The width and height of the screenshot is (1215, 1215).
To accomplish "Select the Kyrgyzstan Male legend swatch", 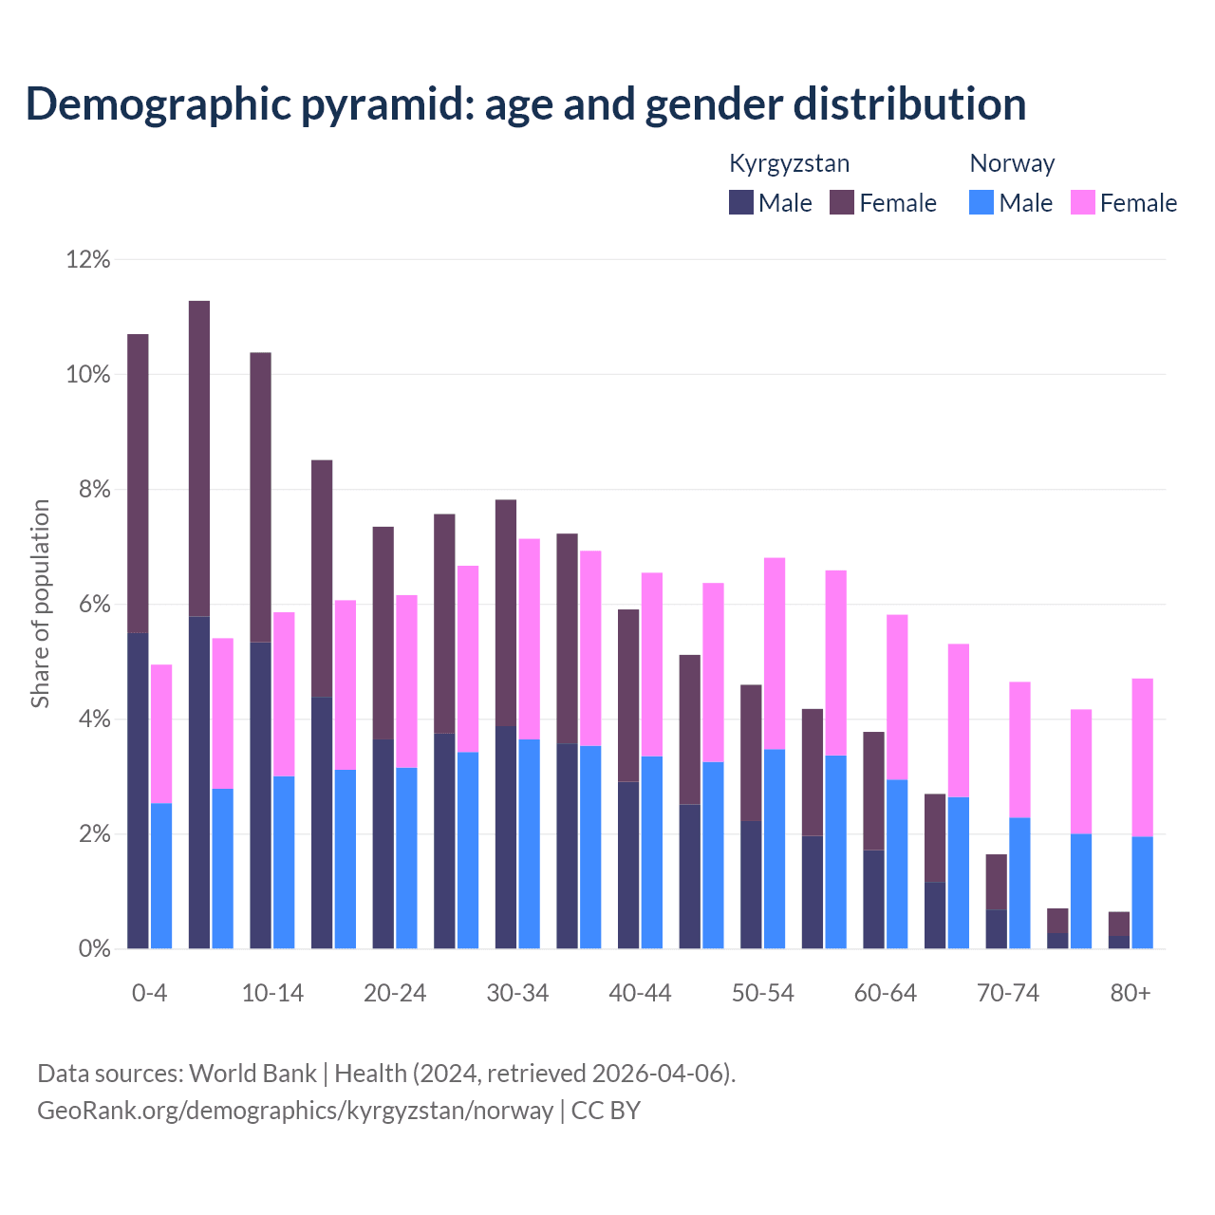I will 741,202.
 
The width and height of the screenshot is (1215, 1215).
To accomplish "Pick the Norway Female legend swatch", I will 1082,202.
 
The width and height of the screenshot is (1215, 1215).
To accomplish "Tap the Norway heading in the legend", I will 1012,163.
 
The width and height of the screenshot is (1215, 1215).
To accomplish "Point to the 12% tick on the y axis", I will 88,259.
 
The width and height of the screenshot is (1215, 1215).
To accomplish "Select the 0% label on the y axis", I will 93,949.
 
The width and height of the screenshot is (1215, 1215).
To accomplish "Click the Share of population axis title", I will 40,604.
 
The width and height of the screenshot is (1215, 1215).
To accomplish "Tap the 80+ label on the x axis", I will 1131,993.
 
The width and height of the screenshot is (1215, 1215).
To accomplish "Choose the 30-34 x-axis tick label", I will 517,993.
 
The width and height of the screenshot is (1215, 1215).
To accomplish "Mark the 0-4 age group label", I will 149,993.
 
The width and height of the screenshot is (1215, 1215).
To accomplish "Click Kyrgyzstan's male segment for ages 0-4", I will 138,791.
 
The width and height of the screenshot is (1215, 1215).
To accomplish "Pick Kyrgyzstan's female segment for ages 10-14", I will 260,497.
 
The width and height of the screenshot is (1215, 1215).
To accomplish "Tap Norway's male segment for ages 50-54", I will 775,850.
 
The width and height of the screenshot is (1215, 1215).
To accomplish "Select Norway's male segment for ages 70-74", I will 1019,883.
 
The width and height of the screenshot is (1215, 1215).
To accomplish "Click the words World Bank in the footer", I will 252,1074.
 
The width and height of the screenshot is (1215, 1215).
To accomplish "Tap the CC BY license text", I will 606,1110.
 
